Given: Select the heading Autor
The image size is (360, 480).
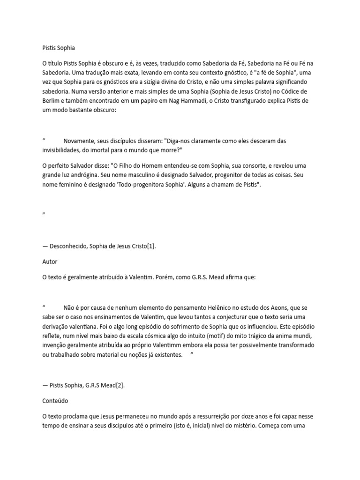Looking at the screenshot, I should click(x=50, y=262).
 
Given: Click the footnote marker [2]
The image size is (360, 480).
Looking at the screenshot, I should click(x=120, y=386).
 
